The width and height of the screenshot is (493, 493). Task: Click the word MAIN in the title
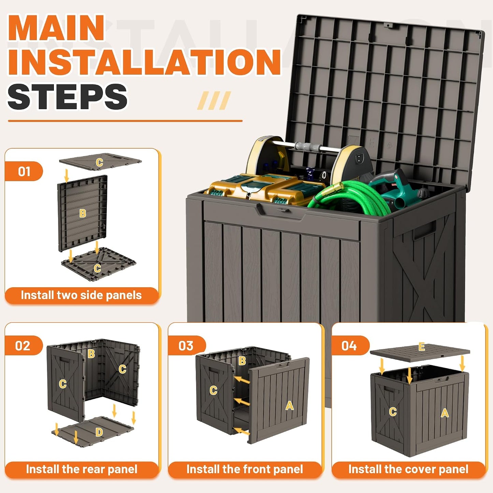pyautogui.click(x=56, y=28)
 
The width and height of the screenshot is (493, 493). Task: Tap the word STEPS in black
pyautogui.click(x=67, y=97)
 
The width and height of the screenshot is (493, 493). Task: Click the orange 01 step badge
pyautogui.click(x=24, y=171)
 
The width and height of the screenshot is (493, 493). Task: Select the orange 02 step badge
pyautogui.click(x=24, y=345)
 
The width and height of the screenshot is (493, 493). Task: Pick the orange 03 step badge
pyautogui.click(x=187, y=345)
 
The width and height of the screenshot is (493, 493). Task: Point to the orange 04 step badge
pyautogui.click(x=350, y=345)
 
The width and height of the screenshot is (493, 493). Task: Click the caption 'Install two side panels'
pyautogui.click(x=81, y=295)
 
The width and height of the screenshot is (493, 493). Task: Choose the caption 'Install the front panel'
pyautogui.click(x=245, y=469)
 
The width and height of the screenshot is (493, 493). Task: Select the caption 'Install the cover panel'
pyautogui.click(x=409, y=469)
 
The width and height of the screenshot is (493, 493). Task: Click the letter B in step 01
pyautogui.click(x=83, y=213)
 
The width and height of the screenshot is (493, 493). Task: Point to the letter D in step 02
pyautogui.click(x=99, y=432)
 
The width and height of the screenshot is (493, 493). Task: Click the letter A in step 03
pyautogui.click(x=289, y=405)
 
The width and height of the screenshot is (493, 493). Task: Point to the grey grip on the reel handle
pyautogui.click(x=307, y=147)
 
